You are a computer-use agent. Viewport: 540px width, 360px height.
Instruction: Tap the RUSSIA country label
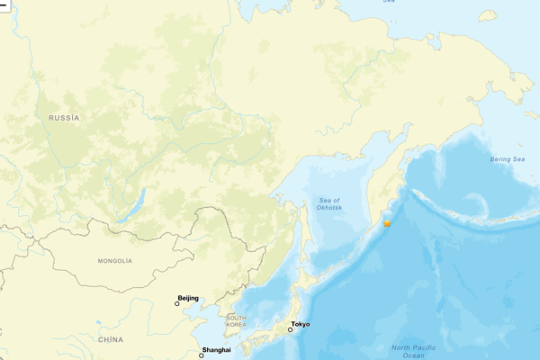point(64,118)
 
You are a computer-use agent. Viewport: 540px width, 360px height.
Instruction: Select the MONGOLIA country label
point(114,261)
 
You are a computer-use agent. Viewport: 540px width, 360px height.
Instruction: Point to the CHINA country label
point(110,339)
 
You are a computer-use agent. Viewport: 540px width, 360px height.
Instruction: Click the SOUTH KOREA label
point(237,321)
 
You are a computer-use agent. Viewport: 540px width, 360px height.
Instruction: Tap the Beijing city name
point(188,298)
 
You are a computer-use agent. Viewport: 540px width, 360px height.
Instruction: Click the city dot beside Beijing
point(177,304)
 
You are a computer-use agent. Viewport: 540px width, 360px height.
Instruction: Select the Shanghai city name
point(217,349)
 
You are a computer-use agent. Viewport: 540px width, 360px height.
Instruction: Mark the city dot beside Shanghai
point(202,355)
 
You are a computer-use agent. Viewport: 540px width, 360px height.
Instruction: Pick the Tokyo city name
point(301,324)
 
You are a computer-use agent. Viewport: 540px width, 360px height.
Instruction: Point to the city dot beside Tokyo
point(290,330)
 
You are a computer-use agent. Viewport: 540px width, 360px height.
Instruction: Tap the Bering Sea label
point(507,159)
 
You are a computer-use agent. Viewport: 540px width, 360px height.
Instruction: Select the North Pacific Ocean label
point(413,351)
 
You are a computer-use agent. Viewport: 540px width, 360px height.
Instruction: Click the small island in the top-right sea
point(489,14)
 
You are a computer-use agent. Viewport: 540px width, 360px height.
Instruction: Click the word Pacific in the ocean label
point(425,347)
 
